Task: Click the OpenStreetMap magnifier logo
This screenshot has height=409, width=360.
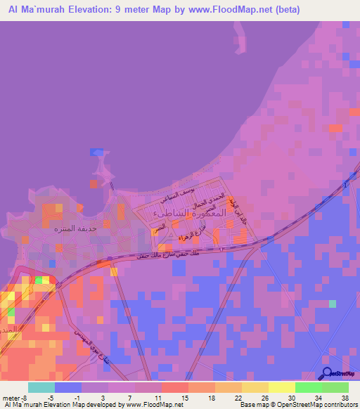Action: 328,374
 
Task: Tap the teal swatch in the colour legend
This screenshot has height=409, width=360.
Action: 41,387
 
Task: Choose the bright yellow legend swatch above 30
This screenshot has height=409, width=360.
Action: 281,387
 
